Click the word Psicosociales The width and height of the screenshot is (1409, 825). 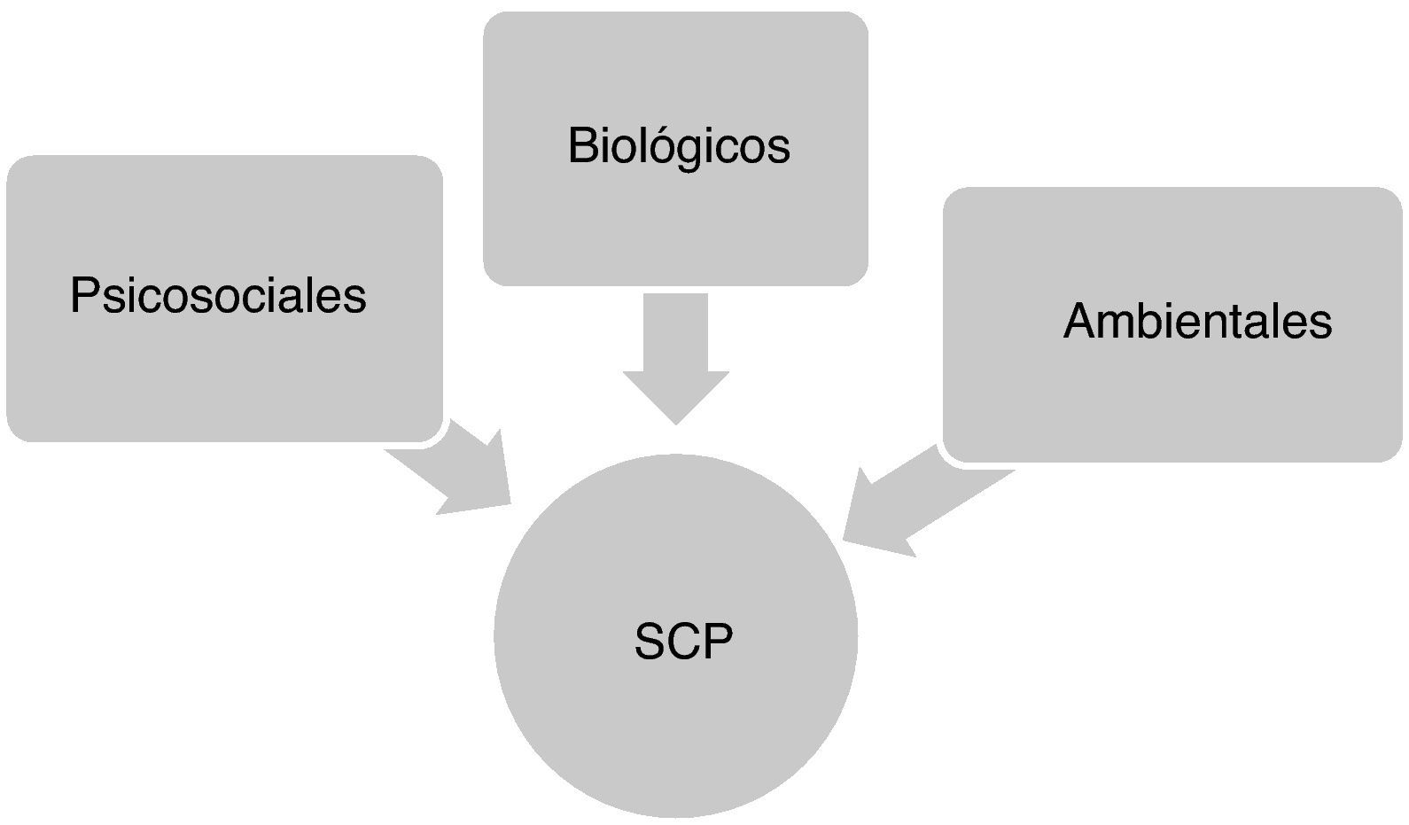218,296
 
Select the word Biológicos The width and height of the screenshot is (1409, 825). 679,146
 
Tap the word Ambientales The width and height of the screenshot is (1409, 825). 1197,321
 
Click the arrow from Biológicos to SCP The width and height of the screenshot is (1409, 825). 676,354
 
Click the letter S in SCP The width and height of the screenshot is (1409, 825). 650,642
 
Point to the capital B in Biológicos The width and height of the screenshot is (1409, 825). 581,145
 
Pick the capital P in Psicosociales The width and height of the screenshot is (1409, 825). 83,295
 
